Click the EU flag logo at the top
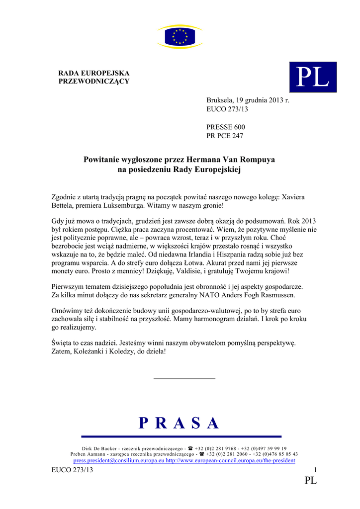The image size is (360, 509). coord(180,36)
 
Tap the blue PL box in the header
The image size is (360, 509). coord(313,77)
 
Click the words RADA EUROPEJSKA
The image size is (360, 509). coord(94,73)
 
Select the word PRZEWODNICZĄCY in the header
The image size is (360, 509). coord(94,81)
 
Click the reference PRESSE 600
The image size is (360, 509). coord(226,127)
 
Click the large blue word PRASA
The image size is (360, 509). coord(180,423)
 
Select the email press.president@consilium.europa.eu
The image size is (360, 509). coord(118,461)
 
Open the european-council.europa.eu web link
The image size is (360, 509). coord(230,461)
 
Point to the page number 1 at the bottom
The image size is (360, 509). coord(315,470)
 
